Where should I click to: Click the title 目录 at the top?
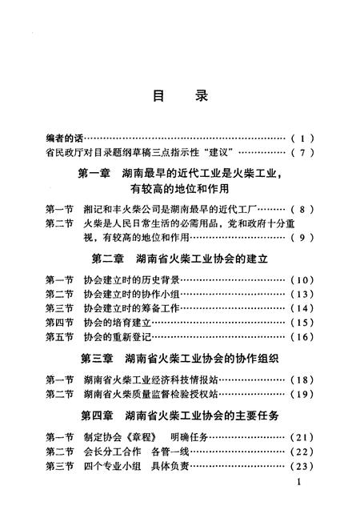click(179, 96)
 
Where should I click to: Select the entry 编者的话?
click(65, 137)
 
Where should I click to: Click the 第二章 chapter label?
click(106, 260)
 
